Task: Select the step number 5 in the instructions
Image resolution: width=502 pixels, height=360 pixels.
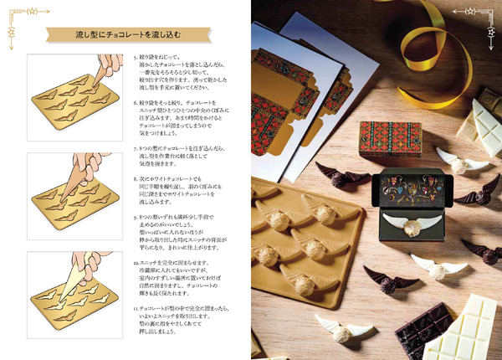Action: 136,59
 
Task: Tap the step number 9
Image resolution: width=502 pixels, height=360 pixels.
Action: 136,218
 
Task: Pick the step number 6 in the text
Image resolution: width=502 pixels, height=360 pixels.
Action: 136,104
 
